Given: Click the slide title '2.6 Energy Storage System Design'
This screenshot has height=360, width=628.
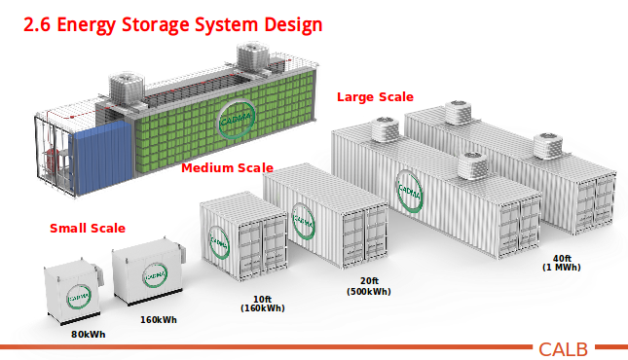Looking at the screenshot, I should (x=172, y=23).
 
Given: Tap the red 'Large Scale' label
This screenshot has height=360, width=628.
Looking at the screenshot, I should (x=375, y=96).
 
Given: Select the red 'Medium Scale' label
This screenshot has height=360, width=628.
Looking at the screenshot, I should (x=227, y=168).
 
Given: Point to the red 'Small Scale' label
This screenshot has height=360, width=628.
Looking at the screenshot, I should (x=88, y=229).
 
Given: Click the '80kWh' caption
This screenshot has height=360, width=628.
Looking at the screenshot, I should (x=88, y=335).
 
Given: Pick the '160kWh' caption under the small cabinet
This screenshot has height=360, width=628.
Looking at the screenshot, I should (x=159, y=319).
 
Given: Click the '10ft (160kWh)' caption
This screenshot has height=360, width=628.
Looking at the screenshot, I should (x=262, y=303).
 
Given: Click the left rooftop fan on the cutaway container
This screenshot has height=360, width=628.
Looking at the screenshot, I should (x=127, y=87).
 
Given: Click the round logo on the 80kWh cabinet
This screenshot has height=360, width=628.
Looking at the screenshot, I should (x=77, y=295).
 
